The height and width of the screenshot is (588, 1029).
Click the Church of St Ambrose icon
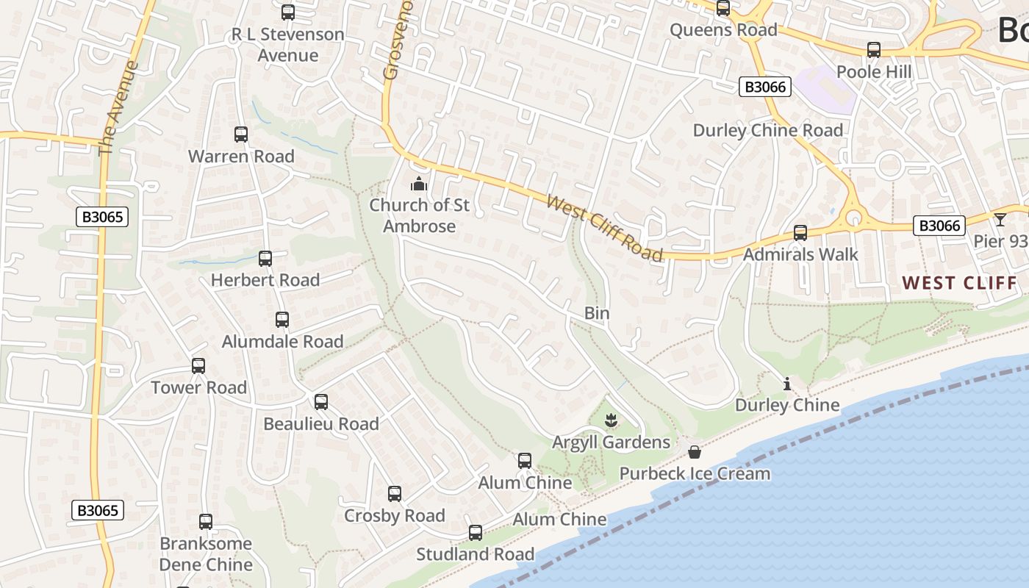(419, 183)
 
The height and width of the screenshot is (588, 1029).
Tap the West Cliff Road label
(605, 228)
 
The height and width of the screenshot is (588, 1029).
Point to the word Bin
(597, 313)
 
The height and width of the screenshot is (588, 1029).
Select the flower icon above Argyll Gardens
(611, 421)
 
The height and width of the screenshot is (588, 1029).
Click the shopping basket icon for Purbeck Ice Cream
(695, 452)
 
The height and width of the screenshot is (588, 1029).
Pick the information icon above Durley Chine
(787, 384)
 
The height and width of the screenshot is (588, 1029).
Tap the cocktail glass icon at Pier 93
(1000, 219)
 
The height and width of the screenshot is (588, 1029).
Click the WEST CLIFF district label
(959, 283)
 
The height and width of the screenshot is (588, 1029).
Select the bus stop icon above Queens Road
(723, 8)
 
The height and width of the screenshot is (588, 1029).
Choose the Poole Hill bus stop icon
(874, 50)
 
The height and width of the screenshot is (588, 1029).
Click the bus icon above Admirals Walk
(800, 233)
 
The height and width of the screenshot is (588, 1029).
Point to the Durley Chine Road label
(768, 130)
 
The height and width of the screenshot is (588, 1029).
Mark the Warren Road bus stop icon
(241, 135)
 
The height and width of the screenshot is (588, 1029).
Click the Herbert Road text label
(265, 280)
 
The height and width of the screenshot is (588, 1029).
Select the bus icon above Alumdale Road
(282, 320)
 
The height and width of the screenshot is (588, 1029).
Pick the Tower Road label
(198, 387)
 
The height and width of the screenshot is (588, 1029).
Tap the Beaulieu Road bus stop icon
(321, 402)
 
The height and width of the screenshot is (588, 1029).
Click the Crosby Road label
(395, 515)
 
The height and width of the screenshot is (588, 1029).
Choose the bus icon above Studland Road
(476, 533)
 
